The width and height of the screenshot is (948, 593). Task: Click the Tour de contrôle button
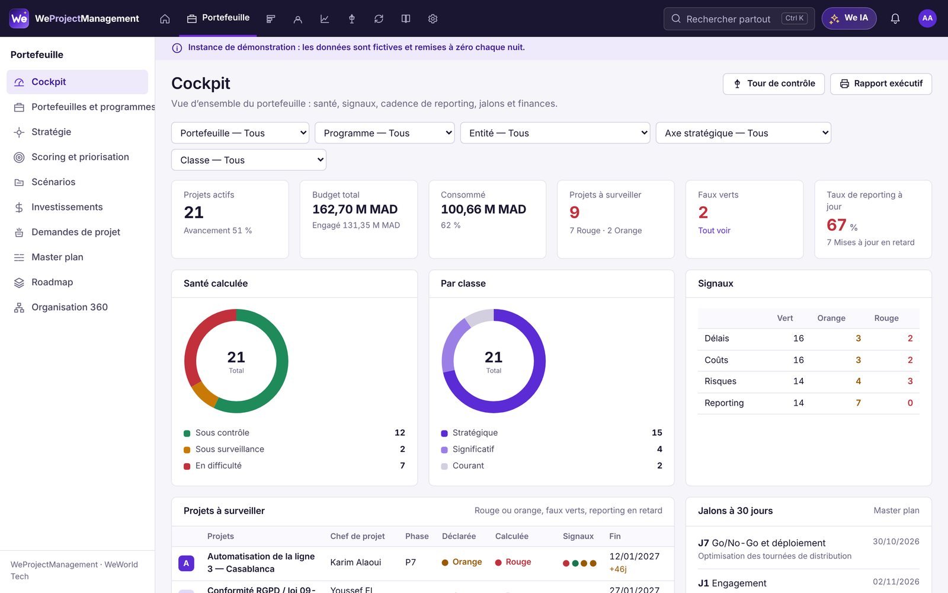click(773, 84)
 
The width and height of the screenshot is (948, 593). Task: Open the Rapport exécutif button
click(880, 84)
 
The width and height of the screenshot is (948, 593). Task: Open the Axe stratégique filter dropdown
click(743, 133)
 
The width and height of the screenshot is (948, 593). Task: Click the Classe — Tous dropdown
click(248, 160)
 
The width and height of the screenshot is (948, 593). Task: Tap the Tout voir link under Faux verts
click(714, 231)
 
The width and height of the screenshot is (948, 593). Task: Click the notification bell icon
click(895, 18)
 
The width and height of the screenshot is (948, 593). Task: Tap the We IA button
click(848, 18)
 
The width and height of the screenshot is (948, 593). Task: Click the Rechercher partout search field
click(739, 18)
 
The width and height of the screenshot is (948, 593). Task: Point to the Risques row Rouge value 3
click(910, 381)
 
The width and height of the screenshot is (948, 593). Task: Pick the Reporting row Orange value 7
click(858, 403)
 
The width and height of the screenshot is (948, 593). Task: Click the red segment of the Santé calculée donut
click(194, 339)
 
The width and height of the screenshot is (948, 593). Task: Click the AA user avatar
click(927, 18)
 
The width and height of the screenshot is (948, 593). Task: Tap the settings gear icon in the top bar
click(433, 18)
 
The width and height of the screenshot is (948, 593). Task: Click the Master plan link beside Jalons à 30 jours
click(896, 511)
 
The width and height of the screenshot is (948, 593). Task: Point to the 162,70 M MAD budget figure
click(355, 209)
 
